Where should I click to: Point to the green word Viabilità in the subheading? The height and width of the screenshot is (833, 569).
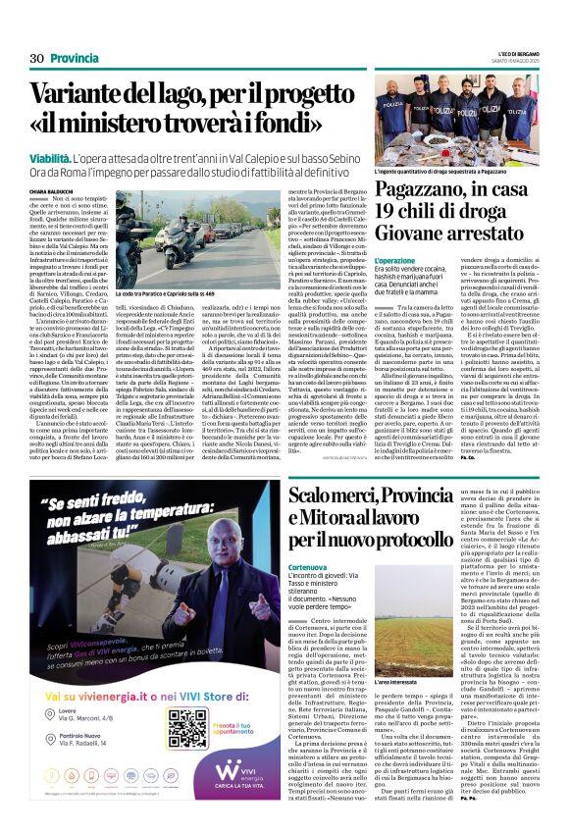[48, 157]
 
